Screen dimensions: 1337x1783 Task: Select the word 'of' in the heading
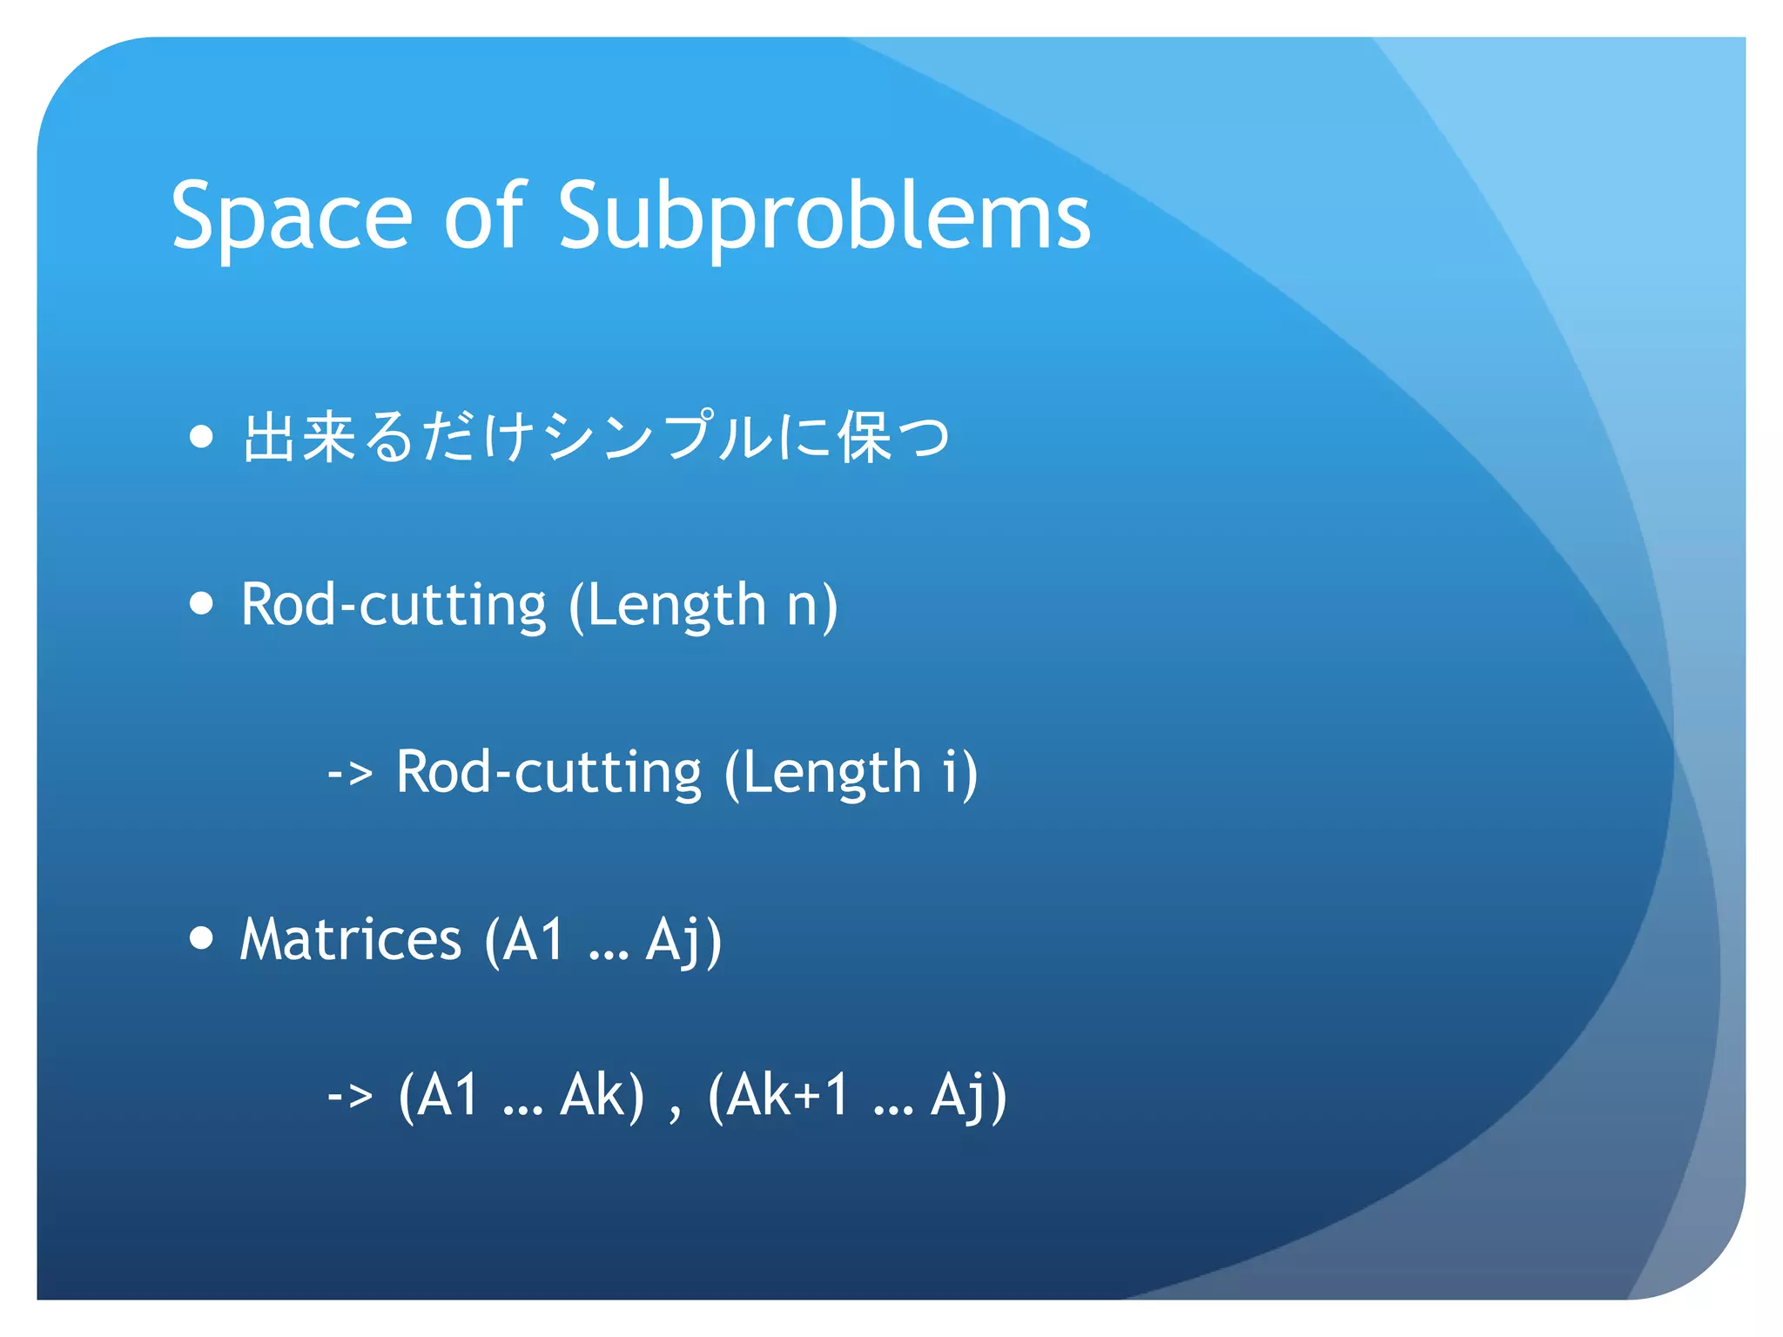[x=484, y=215]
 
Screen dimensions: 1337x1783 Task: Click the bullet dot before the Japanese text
[x=201, y=436]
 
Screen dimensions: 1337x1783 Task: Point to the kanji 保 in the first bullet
[x=865, y=436]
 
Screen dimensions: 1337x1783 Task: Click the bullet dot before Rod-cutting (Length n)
[x=201, y=603]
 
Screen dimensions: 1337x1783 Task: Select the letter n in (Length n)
[x=803, y=606]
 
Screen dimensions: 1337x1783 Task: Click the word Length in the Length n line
[x=676, y=606]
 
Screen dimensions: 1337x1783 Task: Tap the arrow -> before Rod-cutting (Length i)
[x=350, y=773]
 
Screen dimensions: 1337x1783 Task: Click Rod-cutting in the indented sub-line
[x=548, y=773]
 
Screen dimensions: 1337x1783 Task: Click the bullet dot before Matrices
[x=201, y=937]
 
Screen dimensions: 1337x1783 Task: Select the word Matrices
[x=350, y=939]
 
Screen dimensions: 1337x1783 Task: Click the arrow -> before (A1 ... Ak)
[x=350, y=1096]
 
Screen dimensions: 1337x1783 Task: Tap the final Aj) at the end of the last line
[x=968, y=1096]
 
